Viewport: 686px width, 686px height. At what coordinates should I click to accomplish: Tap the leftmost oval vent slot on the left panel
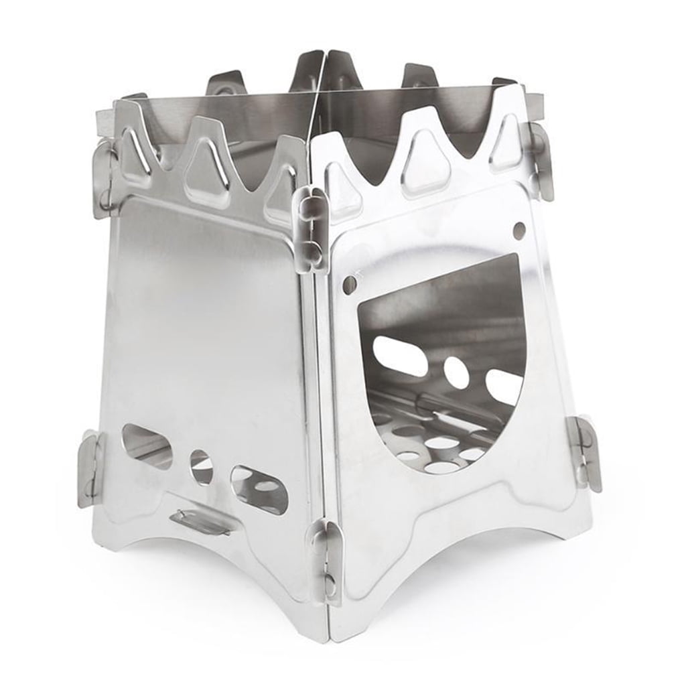[147, 446]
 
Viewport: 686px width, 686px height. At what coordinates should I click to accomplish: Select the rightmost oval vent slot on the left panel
[259, 490]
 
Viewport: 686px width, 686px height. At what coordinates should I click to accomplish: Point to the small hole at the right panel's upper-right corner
[519, 230]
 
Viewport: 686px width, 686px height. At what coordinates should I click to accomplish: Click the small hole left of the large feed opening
[349, 285]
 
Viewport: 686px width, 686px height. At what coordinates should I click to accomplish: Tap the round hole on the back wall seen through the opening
[456, 372]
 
